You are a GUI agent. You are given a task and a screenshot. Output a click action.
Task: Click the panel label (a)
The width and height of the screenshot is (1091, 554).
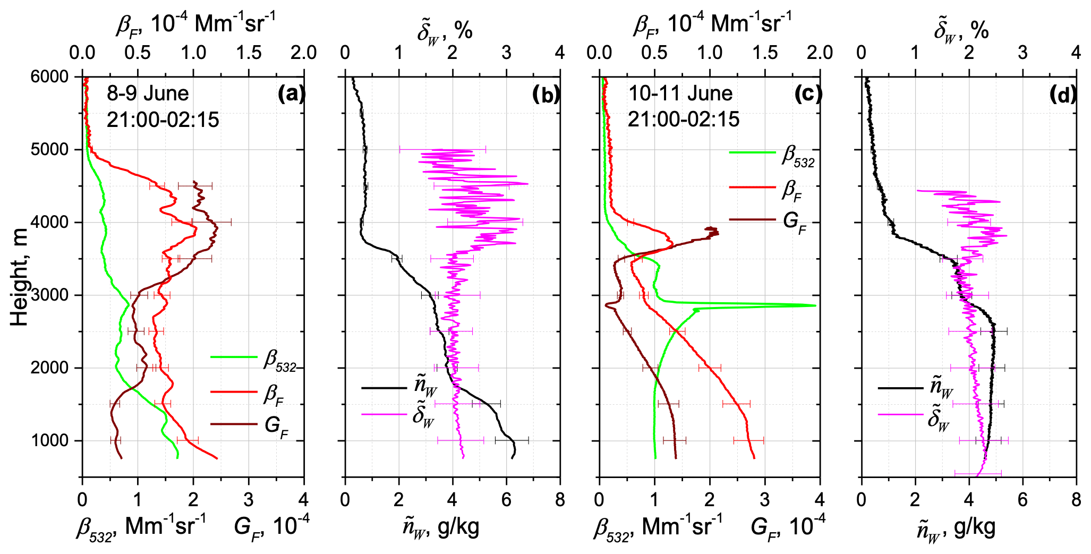(291, 94)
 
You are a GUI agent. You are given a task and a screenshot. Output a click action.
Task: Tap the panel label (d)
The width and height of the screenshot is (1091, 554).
(1063, 94)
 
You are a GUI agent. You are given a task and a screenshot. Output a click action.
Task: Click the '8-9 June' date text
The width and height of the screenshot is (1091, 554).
(148, 93)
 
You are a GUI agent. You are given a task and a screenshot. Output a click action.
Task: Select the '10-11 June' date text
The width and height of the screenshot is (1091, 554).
(680, 93)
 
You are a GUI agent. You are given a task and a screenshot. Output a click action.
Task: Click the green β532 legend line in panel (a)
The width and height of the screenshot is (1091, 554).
(234, 357)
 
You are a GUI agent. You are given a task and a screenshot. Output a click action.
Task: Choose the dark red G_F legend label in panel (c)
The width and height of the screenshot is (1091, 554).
(795, 220)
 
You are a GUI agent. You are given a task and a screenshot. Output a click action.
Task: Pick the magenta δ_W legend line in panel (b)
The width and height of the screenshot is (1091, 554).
(383, 414)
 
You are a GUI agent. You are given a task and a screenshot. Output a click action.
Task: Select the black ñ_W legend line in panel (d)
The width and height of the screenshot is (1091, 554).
(900, 388)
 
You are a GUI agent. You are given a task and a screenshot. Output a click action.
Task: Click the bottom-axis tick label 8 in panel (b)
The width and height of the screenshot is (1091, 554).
(560, 500)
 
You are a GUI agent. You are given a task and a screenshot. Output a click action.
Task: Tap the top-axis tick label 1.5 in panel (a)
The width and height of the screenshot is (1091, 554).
(249, 53)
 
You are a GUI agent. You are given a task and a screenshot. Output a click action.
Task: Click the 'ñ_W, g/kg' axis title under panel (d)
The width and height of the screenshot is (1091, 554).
(956, 527)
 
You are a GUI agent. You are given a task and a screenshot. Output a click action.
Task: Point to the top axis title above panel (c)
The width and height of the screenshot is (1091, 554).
(712, 24)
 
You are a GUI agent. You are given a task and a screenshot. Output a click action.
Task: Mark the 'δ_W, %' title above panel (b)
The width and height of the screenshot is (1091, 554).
(445, 31)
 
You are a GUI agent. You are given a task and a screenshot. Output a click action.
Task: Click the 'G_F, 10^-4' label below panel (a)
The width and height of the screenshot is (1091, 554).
(271, 526)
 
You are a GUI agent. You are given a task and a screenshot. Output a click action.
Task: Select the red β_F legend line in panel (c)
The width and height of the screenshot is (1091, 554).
(752, 187)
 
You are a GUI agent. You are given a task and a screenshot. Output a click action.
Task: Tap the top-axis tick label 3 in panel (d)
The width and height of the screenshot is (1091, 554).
(1022, 53)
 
